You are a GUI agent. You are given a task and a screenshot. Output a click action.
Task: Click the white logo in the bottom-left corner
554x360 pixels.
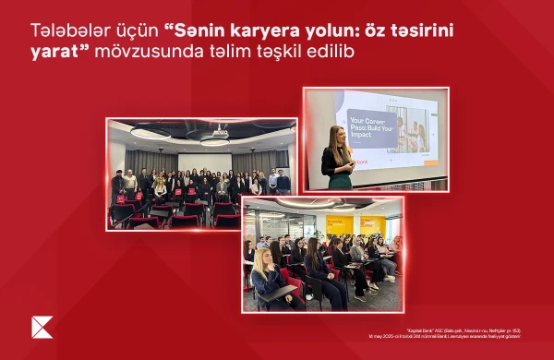tap(42, 327)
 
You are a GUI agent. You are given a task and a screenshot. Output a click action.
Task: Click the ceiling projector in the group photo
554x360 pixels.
tap(219, 132)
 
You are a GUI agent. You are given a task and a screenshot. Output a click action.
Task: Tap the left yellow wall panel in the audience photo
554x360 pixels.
tap(339, 224)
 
